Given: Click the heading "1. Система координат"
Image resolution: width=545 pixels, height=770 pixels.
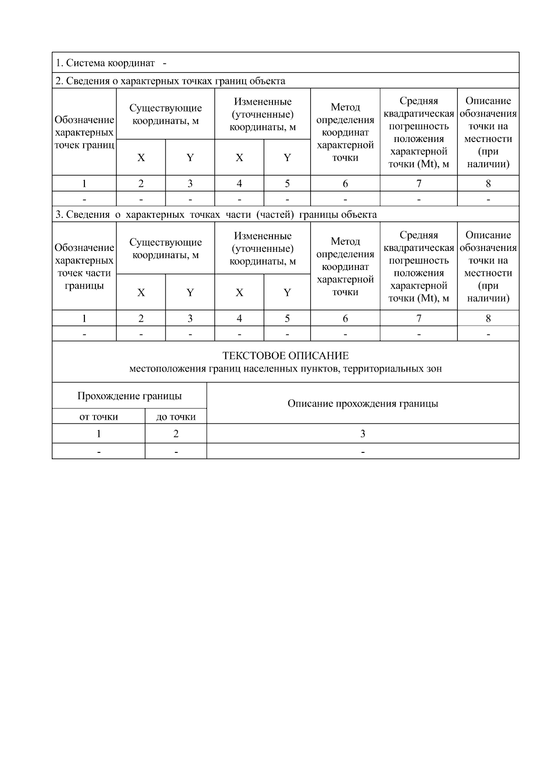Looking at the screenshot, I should pos(105,63).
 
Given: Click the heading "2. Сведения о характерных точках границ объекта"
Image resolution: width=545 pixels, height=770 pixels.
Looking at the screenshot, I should pos(170,81).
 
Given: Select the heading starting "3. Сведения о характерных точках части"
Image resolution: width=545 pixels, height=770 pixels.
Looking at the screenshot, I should pos(216,214).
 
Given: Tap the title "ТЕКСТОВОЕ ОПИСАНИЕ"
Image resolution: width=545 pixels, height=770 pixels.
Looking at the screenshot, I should pos(285,356).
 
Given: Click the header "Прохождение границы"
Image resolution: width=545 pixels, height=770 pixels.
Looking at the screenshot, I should pos(129,396).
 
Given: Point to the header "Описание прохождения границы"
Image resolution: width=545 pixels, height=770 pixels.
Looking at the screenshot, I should pos(362,403).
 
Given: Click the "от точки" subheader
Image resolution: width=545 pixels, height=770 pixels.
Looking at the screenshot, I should pos(99,417).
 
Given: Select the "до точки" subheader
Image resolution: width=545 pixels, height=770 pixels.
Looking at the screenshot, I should pos(176,417).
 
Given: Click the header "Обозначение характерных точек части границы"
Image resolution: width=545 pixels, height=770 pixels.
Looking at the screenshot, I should pos(84,266).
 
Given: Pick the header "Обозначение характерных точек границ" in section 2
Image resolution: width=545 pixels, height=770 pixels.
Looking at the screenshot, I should pos(84,132).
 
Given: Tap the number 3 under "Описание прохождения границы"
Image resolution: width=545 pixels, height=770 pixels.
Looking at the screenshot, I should pos(362,434).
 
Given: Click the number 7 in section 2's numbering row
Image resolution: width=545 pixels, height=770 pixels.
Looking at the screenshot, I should pos(418,183).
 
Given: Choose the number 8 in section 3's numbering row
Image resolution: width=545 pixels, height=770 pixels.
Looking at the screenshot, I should pos(488,318).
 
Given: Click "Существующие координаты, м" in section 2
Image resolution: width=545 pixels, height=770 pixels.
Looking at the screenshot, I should pos(165,114).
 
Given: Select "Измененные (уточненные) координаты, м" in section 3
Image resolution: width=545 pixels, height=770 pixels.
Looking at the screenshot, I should pos(263,248).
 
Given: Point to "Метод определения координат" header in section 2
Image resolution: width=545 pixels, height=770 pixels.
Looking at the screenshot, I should pos(345,132).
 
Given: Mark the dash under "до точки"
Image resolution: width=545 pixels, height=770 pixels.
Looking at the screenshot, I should pos(176,451).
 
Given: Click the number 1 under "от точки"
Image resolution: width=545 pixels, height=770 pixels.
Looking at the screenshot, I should pos(99,434).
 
